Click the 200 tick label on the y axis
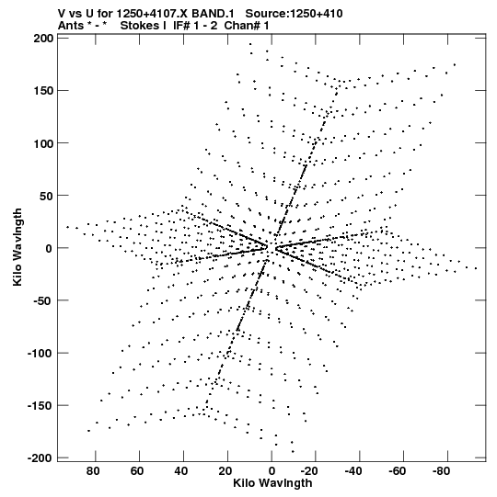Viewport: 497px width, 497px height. [43, 39]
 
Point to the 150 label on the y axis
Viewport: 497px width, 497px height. [43, 91]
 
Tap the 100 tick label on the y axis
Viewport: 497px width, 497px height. [43, 143]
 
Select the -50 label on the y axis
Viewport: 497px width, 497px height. [42, 300]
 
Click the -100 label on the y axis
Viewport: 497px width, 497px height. [40, 353]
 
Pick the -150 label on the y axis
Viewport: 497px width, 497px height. [40, 405]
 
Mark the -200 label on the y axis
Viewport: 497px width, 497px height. [40, 458]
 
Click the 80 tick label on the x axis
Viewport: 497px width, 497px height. [93, 471]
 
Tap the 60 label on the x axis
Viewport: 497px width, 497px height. [137, 471]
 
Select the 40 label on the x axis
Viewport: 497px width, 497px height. [180, 471]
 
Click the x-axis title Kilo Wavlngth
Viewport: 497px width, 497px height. [272, 483]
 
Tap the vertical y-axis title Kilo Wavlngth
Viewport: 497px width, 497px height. [17, 247]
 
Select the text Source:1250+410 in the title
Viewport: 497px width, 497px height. [295, 14]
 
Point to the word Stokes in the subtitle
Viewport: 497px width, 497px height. [144, 26]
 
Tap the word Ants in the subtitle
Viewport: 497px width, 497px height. [71, 26]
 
